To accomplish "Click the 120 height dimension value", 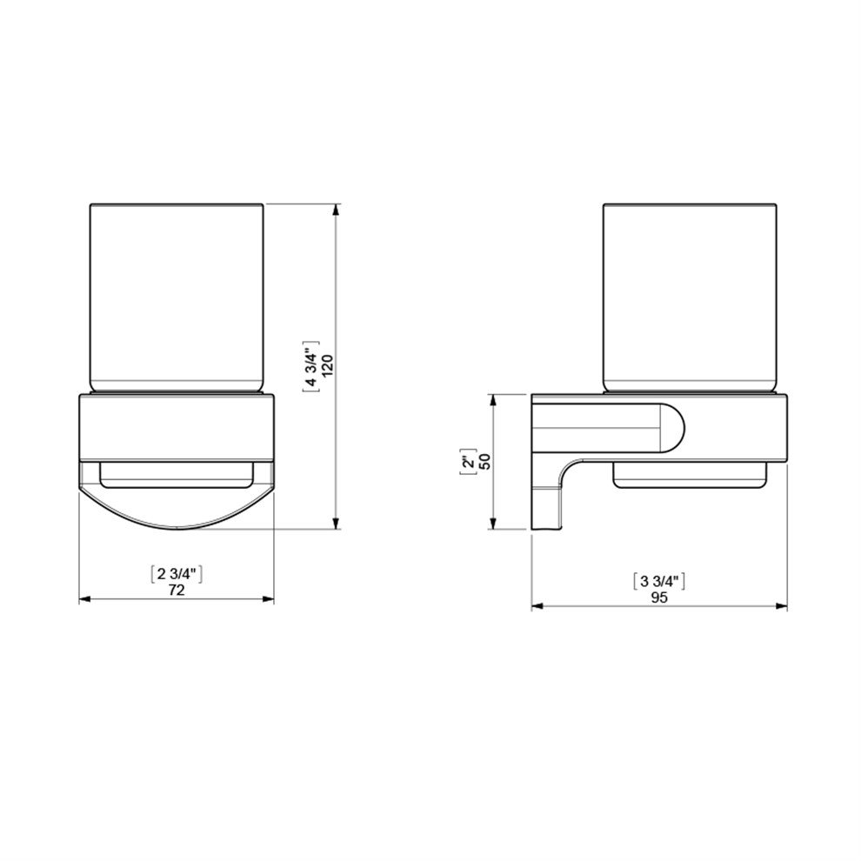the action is coord(328,365).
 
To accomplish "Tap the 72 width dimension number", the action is coord(177,590).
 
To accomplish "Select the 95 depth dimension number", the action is coord(659,597).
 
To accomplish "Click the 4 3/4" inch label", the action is coord(311,366).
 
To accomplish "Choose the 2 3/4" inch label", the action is coord(177,574).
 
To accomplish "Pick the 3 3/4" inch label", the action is coord(659,581).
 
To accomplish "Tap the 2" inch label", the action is coord(469,462).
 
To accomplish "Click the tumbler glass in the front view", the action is coord(177,298).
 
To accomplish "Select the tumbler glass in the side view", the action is coord(690,298).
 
